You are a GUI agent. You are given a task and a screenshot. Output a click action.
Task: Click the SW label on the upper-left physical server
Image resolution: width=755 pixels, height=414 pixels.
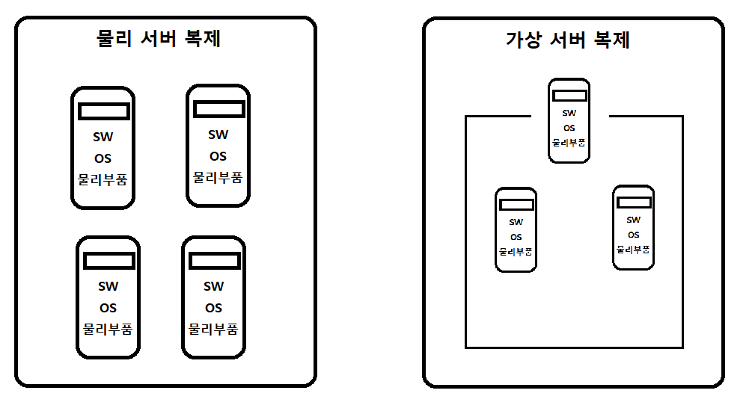103,138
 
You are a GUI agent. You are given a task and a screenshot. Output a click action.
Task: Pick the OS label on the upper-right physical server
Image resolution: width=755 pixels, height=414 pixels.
218,156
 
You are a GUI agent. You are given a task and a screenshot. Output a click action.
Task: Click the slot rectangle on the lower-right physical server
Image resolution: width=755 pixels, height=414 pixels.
213,261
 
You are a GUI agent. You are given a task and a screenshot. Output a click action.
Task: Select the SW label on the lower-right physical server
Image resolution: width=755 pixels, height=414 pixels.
213,286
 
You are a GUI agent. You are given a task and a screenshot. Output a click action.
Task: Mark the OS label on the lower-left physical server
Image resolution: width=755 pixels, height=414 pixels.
108,307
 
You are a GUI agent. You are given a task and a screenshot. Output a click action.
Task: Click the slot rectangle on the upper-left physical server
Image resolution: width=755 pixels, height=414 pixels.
104,111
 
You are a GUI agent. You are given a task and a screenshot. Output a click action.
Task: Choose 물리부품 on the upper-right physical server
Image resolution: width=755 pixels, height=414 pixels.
218,178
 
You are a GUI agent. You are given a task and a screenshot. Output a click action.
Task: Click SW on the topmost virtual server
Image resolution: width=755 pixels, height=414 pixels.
569,114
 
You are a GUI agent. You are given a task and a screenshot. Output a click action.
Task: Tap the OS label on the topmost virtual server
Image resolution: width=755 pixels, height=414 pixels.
569,128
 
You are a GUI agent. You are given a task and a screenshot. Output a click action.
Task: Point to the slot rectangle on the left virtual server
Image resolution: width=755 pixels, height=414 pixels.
516,204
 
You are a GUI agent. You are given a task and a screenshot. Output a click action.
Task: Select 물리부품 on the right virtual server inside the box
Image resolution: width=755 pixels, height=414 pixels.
633,248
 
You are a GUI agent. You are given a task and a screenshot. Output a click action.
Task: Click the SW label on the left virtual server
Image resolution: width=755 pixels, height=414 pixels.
516,222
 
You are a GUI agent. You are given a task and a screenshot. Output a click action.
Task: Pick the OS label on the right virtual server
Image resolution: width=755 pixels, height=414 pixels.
633,235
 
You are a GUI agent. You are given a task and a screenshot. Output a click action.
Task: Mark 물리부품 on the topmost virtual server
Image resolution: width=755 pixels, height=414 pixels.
569,142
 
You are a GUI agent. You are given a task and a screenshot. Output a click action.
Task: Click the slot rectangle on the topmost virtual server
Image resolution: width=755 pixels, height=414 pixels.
569,95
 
